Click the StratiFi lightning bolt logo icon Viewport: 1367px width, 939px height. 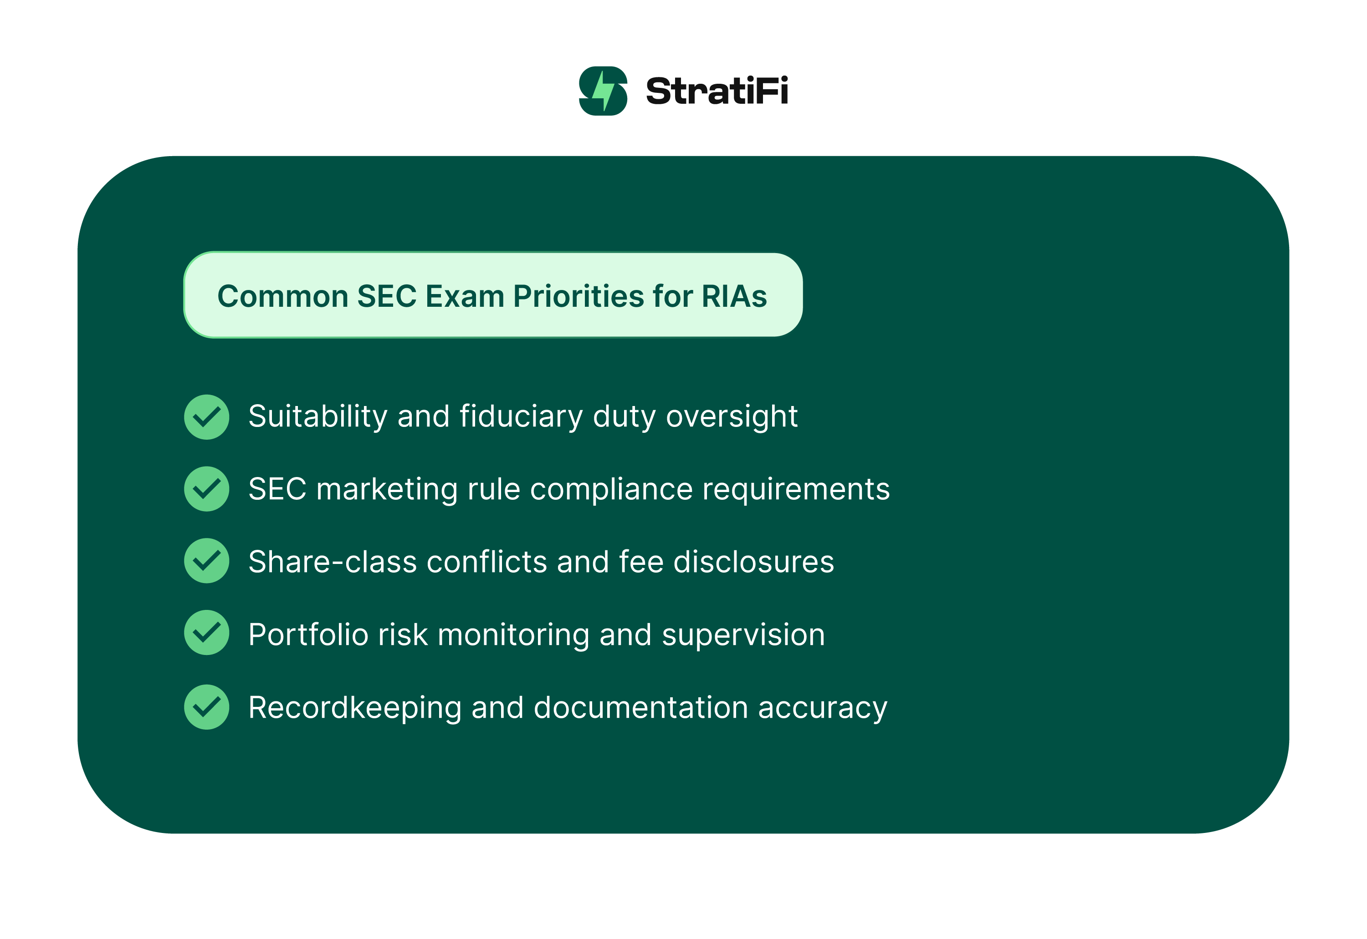tap(603, 91)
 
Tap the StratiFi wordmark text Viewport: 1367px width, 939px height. tap(717, 91)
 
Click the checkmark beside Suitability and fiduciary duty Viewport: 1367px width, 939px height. tap(207, 417)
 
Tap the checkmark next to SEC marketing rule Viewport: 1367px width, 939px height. tap(207, 489)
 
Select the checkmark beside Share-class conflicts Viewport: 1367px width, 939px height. tap(207, 561)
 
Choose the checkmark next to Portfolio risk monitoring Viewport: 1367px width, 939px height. tap(207, 633)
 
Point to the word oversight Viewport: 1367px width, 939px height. tap(731, 416)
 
